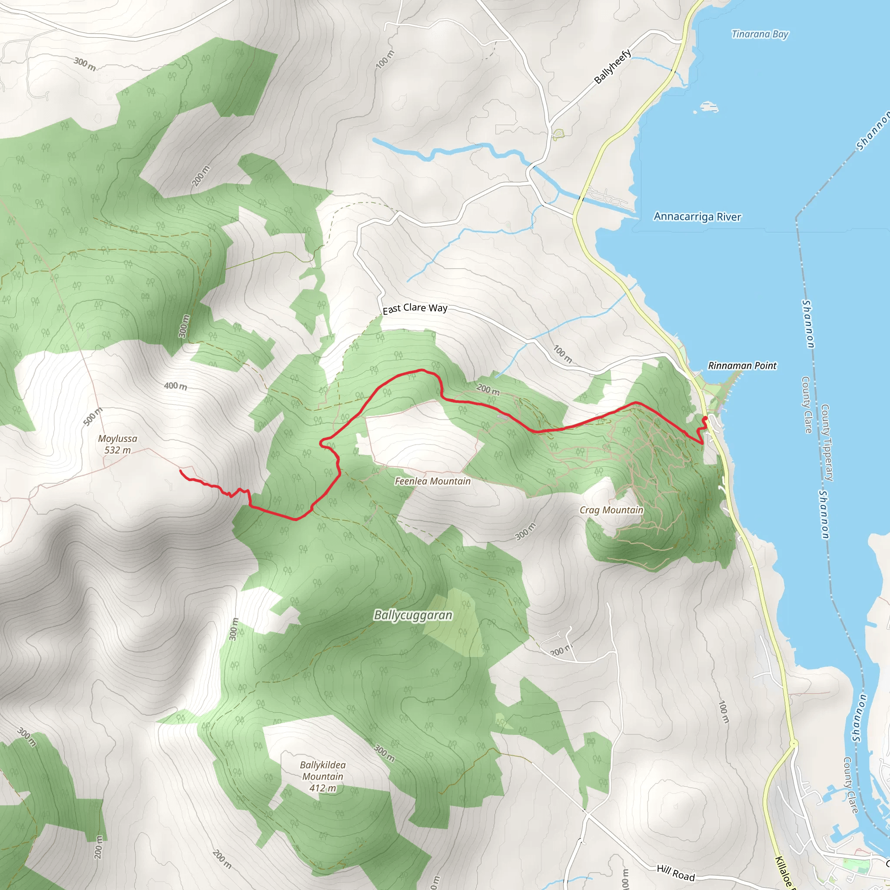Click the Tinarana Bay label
(x=760, y=34)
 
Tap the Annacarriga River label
(x=697, y=216)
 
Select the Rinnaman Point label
(x=742, y=366)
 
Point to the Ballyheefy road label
(x=612, y=67)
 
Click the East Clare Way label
(x=415, y=308)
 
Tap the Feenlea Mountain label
(x=432, y=482)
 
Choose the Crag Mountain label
(x=611, y=510)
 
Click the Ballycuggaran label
(x=413, y=615)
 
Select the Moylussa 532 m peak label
(x=117, y=444)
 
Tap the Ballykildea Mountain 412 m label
(x=322, y=776)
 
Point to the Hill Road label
(x=675, y=873)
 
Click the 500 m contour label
(x=93, y=416)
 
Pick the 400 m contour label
(x=176, y=386)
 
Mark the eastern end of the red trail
(x=705, y=418)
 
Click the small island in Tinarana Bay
(x=709, y=107)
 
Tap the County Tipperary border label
(x=827, y=443)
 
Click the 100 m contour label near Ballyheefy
(x=385, y=60)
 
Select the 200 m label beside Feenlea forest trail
(x=488, y=390)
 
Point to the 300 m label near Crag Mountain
(x=525, y=531)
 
